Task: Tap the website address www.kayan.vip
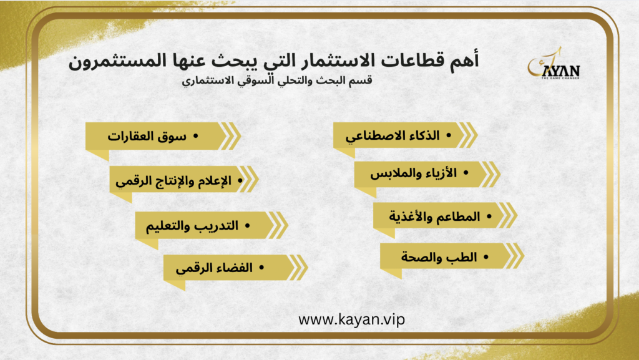coord(352,319)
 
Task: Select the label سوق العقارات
coord(147,136)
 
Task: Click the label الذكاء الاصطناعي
coord(393,135)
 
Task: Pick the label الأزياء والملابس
coord(413,173)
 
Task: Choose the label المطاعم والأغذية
coord(434,216)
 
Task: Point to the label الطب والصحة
coord(439,257)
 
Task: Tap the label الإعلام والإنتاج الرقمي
coord(173,180)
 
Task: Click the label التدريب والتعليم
coord(192,226)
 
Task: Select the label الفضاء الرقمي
coord(215,268)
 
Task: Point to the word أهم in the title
coord(462,60)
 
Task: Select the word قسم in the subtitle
coord(362,80)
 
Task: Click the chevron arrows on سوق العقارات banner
coord(230,135)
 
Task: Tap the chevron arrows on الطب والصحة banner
coord(513,256)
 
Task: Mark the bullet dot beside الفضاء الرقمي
coord(261,268)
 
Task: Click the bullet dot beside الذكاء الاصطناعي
coord(449,135)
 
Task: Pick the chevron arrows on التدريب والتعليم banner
coord(278,225)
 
